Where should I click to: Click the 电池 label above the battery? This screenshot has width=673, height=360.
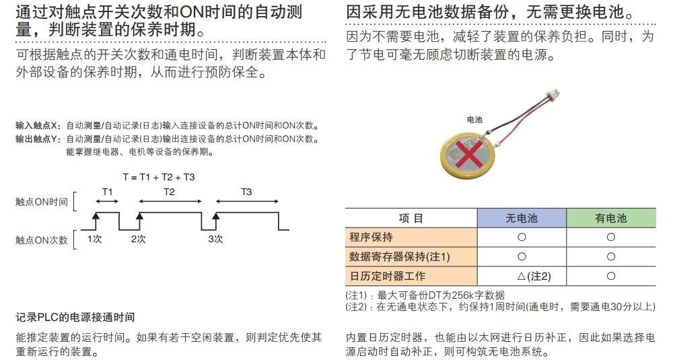(474, 119)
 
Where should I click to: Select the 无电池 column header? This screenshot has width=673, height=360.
(522, 218)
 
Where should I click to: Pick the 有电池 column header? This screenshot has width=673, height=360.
(610, 218)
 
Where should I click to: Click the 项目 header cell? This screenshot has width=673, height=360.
(411, 218)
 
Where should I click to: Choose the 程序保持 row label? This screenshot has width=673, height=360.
(371, 237)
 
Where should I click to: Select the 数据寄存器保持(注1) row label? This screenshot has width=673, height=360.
(400, 256)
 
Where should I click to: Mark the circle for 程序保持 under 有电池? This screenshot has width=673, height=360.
(610, 237)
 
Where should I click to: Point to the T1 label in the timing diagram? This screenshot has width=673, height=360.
(108, 192)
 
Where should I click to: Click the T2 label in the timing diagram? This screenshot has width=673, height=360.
(170, 192)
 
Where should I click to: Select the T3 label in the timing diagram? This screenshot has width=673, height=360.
(246, 192)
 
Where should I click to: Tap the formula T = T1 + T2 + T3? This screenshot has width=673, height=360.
(159, 177)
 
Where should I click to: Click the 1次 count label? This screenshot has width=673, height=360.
(95, 239)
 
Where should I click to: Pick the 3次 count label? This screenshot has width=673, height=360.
(215, 239)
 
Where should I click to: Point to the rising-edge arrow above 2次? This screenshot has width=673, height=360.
(139, 217)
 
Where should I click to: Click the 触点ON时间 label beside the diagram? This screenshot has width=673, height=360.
(42, 201)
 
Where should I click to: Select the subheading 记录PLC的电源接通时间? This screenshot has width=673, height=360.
(75, 317)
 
